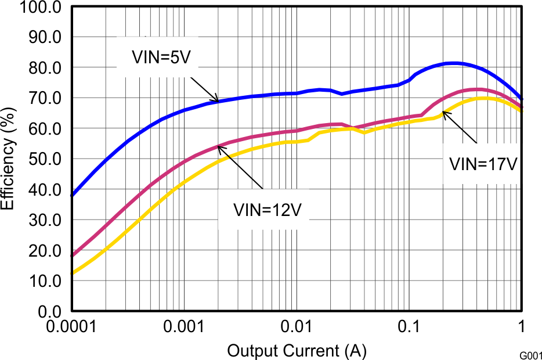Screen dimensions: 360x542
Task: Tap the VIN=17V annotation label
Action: (483, 164)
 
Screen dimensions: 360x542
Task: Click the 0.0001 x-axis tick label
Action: (72, 328)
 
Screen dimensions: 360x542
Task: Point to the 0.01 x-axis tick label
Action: (297, 328)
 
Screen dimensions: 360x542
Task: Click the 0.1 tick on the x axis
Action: (409, 328)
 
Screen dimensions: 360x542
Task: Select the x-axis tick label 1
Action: (521, 328)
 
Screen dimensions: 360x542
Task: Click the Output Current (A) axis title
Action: (297, 351)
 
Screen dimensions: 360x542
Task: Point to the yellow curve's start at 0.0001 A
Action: (72, 273)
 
